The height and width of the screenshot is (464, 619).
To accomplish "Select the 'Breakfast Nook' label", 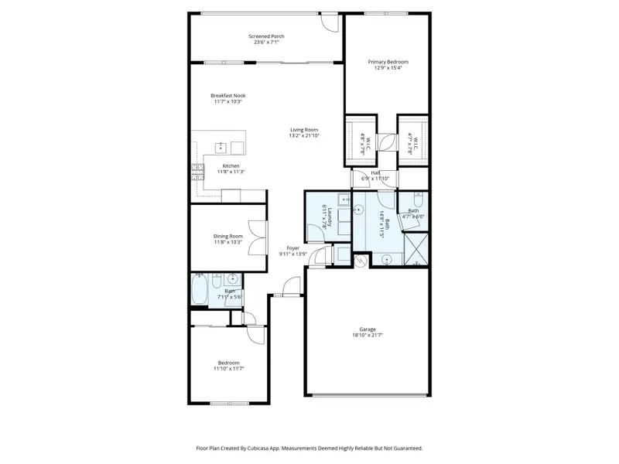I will point(227,95).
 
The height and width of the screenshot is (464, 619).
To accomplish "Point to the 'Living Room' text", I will point(304,129).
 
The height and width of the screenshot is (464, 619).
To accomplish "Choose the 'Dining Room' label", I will point(228,236).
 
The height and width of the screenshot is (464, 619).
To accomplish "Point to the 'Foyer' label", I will point(293,248).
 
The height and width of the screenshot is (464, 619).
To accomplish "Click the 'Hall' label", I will point(374,172).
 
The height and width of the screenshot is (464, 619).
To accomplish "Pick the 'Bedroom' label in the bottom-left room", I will point(228,362).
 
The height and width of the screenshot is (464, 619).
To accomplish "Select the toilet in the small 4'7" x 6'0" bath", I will point(405,217).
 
